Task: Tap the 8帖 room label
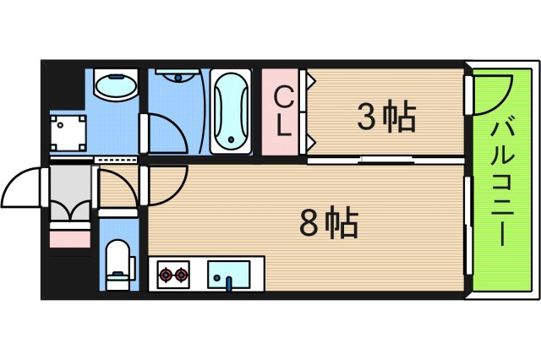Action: (330, 223)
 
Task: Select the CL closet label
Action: (284, 113)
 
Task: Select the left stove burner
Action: (165, 274)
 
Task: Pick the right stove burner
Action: (181, 274)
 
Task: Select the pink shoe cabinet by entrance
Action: (70, 237)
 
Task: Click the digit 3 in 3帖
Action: (367, 117)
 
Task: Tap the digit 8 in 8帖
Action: (310, 223)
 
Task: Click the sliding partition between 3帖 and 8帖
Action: (385, 159)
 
